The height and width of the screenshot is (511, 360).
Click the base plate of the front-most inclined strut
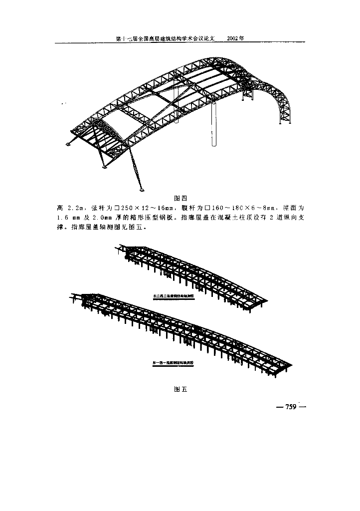142,189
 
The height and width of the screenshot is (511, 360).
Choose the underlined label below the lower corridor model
173,363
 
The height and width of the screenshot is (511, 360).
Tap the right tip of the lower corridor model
291,363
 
